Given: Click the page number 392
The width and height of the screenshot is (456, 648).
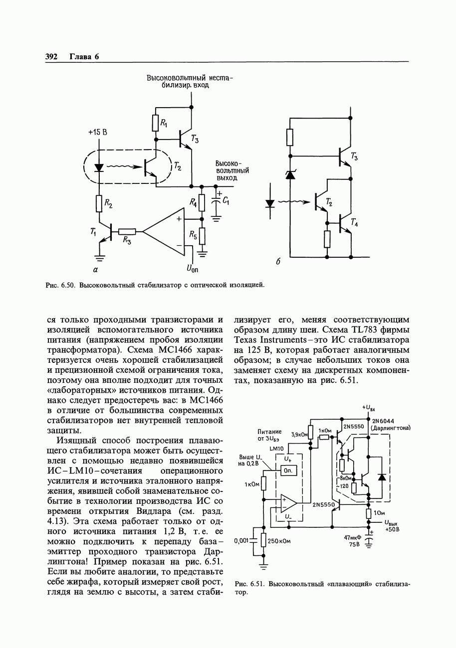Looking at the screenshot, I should click(52, 56).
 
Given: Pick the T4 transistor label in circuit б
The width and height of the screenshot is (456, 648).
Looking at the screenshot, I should click(354, 223).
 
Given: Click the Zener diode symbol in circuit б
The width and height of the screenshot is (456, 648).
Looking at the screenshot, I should click(290, 174).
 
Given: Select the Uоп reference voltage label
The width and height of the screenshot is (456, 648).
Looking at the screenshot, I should click(192, 269).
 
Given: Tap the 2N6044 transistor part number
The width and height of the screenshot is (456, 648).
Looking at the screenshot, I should click(383, 420).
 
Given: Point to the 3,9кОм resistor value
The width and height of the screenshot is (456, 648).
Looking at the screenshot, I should click(299, 434).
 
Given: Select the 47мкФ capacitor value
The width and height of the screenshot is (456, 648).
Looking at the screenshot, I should click(352, 538).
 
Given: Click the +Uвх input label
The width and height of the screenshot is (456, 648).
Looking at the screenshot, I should click(369, 407).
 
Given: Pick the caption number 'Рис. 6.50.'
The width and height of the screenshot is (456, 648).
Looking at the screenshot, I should click(60, 285).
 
